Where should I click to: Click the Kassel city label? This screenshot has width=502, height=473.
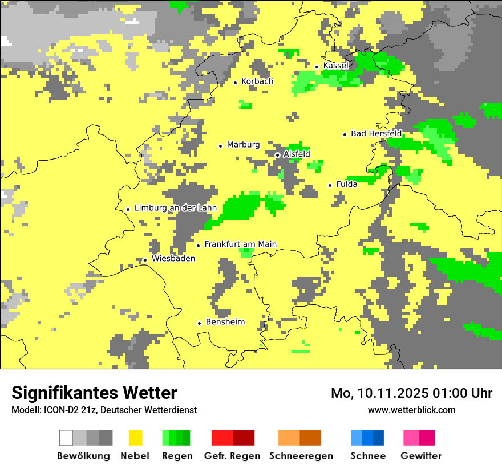(x=335, y=66)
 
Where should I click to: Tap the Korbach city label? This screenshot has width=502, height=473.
(x=257, y=81)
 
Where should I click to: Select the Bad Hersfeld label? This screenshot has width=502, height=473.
(x=376, y=133)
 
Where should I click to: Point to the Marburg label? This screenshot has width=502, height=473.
(x=243, y=145)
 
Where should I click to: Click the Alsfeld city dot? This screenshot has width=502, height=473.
(x=277, y=155)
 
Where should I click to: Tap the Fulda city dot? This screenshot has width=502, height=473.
(x=330, y=185)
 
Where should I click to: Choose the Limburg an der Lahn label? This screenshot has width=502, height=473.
(x=175, y=208)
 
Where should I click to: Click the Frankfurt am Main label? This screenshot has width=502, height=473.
(x=240, y=244)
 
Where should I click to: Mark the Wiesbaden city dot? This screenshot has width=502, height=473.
(x=145, y=260)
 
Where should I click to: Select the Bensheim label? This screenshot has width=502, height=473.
(x=225, y=322)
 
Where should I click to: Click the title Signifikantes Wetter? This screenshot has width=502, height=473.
(x=94, y=393)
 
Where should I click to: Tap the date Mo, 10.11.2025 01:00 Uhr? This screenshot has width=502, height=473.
(x=411, y=393)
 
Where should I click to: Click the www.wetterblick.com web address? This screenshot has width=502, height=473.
(x=411, y=410)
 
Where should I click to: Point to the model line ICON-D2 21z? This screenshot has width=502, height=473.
(x=104, y=410)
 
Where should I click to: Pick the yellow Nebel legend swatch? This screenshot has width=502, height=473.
(x=136, y=438)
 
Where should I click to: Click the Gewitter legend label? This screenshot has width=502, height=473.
(x=420, y=456)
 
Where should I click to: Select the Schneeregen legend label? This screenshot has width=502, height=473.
(x=301, y=456)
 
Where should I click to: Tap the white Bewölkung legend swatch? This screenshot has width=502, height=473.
(x=66, y=438)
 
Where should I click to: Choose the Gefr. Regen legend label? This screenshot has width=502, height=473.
(x=232, y=456)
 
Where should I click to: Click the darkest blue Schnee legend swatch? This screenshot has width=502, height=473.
(x=379, y=438)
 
